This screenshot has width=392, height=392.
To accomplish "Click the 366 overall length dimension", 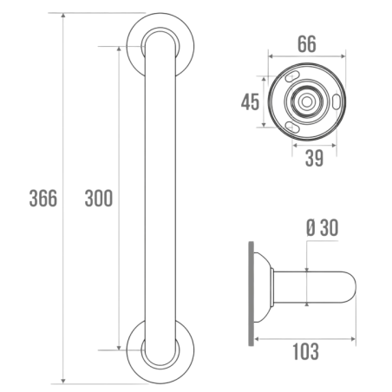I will click(42, 198).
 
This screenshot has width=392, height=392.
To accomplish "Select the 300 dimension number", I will click(98, 198).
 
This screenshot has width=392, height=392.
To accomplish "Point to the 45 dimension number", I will click(249, 102).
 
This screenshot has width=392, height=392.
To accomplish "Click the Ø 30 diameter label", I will click(320, 228).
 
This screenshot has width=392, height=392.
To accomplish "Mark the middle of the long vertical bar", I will click(159, 198).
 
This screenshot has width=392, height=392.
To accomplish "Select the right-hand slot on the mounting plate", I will click(331, 100).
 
